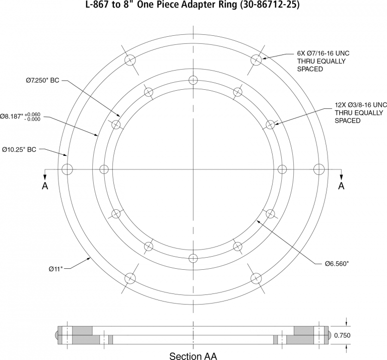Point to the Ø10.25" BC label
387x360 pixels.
point(19,150)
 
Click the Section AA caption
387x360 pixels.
point(193,356)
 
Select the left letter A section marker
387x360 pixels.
point(45,186)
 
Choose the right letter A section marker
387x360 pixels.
point(341,186)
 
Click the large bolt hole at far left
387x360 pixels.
point(67,169)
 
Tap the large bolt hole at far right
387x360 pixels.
point(319,169)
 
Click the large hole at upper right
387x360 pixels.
point(256,59)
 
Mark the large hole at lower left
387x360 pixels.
point(130,278)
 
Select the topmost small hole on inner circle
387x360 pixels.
point(193,80)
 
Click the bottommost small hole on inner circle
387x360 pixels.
point(193,258)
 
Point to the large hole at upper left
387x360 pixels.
point(130,59)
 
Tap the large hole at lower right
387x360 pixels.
point(256,278)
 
